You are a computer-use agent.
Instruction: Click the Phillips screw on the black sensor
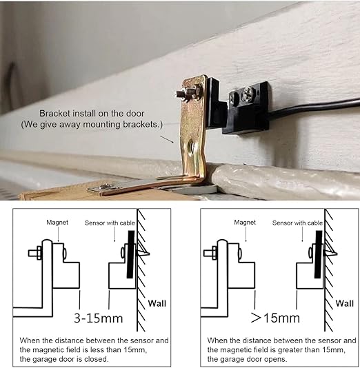(x=248, y=94)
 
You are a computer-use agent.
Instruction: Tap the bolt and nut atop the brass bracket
(x=188, y=94)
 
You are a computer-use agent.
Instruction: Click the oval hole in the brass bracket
(x=191, y=147)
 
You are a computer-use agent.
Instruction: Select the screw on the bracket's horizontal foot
(x=105, y=186)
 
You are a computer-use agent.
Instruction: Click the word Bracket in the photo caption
(x=54, y=113)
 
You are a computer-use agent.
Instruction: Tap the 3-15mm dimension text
(x=99, y=318)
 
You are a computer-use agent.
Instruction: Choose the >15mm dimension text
(x=275, y=318)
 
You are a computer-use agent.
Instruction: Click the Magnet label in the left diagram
(x=57, y=223)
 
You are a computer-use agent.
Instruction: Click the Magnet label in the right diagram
(x=245, y=223)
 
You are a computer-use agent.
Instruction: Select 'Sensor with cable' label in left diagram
(x=110, y=223)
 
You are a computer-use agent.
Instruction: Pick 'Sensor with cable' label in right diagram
(x=297, y=223)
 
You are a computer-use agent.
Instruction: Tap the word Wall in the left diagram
(x=157, y=303)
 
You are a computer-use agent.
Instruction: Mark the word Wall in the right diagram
(x=345, y=303)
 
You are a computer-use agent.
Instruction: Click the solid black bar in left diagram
(x=130, y=254)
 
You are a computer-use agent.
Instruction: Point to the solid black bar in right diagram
(x=319, y=254)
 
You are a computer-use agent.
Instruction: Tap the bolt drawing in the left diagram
(x=35, y=253)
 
